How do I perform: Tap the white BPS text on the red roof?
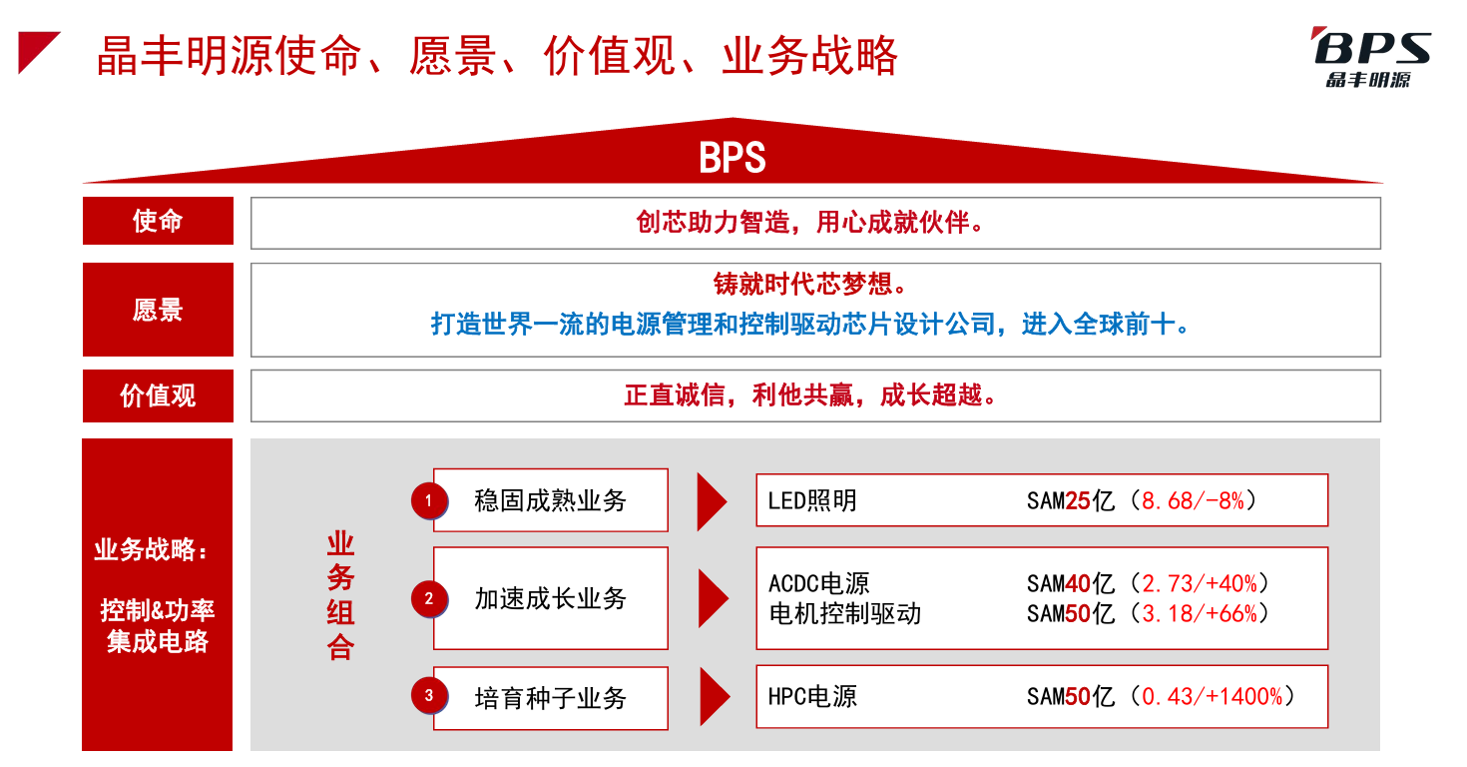[733, 158]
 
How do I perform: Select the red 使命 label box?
[158, 221]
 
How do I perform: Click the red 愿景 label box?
[158, 310]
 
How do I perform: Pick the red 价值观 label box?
[158, 395]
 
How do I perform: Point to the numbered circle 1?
[429, 500]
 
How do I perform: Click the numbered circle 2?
[429, 598]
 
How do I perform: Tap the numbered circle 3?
[429, 695]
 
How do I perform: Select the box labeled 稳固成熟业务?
[551, 500]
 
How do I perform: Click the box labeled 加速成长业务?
[551, 598]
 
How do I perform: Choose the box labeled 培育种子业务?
[551, 698]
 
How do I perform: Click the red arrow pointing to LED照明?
[712, 501]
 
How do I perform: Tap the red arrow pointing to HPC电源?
[715, 696]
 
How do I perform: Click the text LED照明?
[812, 500]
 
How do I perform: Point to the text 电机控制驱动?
[845, 614]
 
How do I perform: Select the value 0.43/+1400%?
[1212, 696]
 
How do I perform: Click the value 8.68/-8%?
[1193, 500]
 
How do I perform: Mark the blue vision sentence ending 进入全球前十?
[809, 324]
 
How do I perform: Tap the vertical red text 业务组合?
[340, 595]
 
